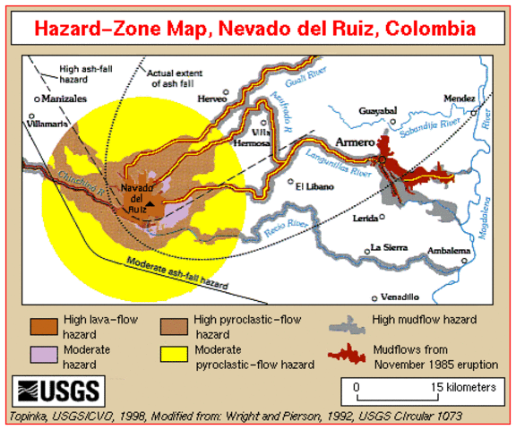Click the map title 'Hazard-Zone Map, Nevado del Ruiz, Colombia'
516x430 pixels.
(258, 29)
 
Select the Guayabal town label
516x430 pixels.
(377, 110)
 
